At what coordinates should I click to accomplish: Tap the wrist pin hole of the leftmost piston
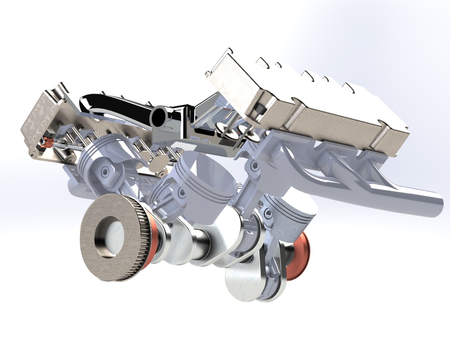click(x=106, y=172)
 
